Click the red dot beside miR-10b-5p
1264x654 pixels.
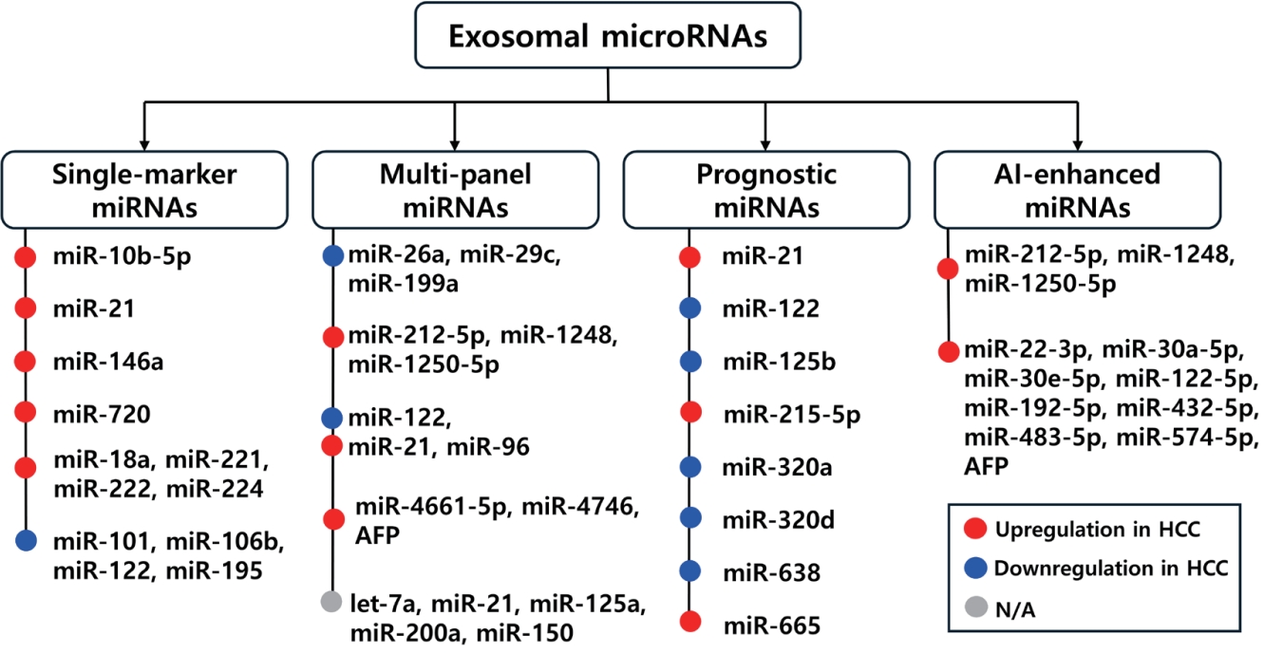[26, 257]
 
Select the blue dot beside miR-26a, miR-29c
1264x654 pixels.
[332, 255]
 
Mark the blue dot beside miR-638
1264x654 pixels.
[691, 571]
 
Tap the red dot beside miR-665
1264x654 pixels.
[691, 623]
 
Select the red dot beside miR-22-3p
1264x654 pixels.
[948, 352]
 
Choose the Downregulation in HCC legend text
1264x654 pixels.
[1111, 569]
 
